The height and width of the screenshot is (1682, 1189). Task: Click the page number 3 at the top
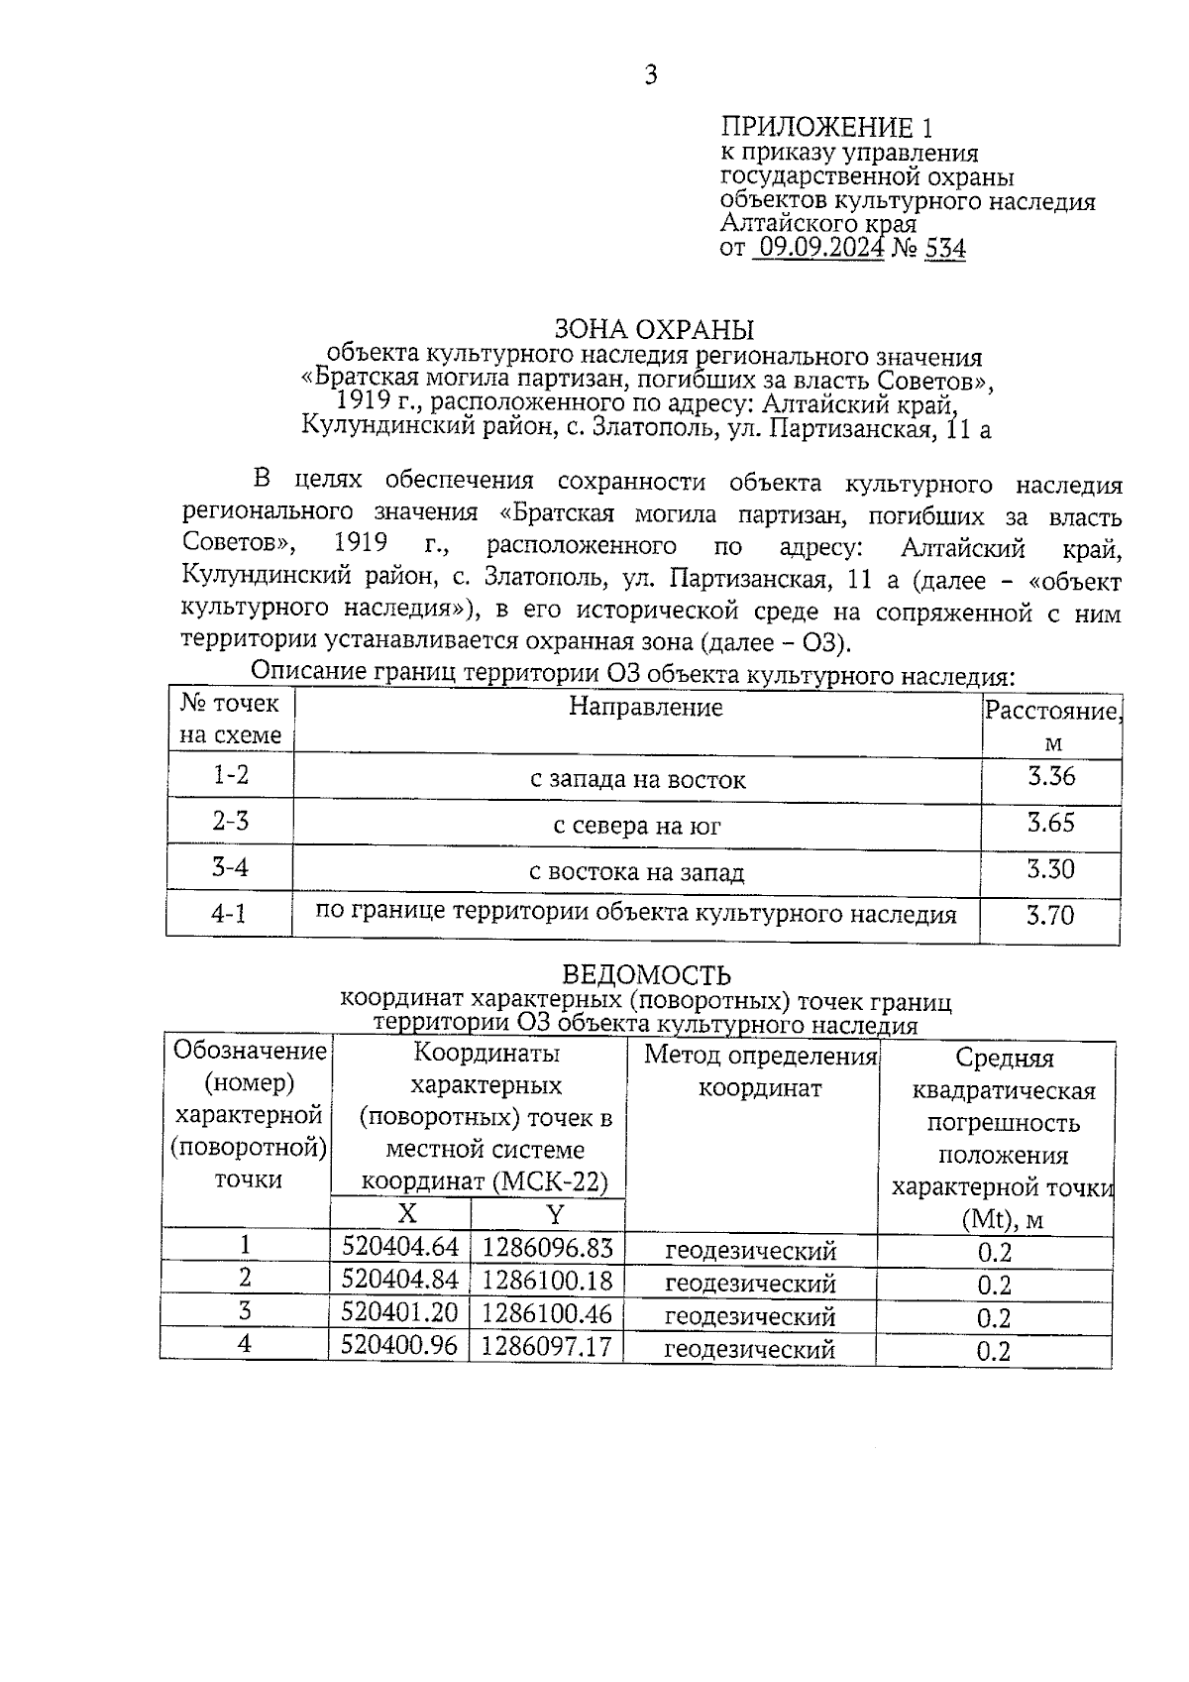650,76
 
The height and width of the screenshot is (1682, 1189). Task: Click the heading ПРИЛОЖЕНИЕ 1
826,128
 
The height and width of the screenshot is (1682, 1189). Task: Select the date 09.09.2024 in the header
818,248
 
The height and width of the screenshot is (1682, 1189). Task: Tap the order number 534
944,248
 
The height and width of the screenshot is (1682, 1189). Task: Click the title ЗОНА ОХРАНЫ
653,329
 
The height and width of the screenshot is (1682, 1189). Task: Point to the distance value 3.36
1050,776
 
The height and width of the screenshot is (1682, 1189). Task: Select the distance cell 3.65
1050,823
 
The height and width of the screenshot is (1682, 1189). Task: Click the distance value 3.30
1050,869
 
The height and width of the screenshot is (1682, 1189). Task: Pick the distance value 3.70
1050,915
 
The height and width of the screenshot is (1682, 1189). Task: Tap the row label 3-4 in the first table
230,868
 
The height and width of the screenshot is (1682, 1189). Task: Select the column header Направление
645,708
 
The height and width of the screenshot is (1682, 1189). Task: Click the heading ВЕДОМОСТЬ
646,975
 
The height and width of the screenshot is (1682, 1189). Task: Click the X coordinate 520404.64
399,1247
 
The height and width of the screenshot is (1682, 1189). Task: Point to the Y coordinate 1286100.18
547,1281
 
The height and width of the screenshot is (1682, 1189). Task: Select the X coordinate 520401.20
399,1313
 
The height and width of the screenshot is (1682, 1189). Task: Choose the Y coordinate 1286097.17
547,1346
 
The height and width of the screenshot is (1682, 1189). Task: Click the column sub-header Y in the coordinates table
555,1214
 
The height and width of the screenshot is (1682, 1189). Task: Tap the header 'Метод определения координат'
760,1071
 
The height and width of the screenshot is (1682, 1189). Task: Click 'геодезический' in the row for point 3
750,1316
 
